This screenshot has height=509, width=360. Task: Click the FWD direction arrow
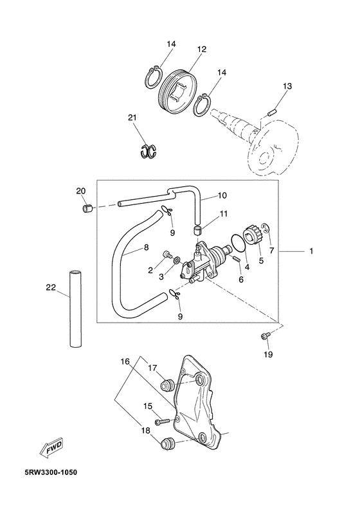[51, 449]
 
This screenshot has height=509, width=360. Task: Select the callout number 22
[51, 287]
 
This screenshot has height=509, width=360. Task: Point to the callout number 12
[202, 49]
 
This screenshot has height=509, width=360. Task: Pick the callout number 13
[287, 86]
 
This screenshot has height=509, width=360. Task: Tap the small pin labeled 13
[272, 114]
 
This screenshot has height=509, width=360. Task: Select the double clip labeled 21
[148, 151]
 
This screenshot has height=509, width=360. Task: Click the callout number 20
[81, 191]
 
